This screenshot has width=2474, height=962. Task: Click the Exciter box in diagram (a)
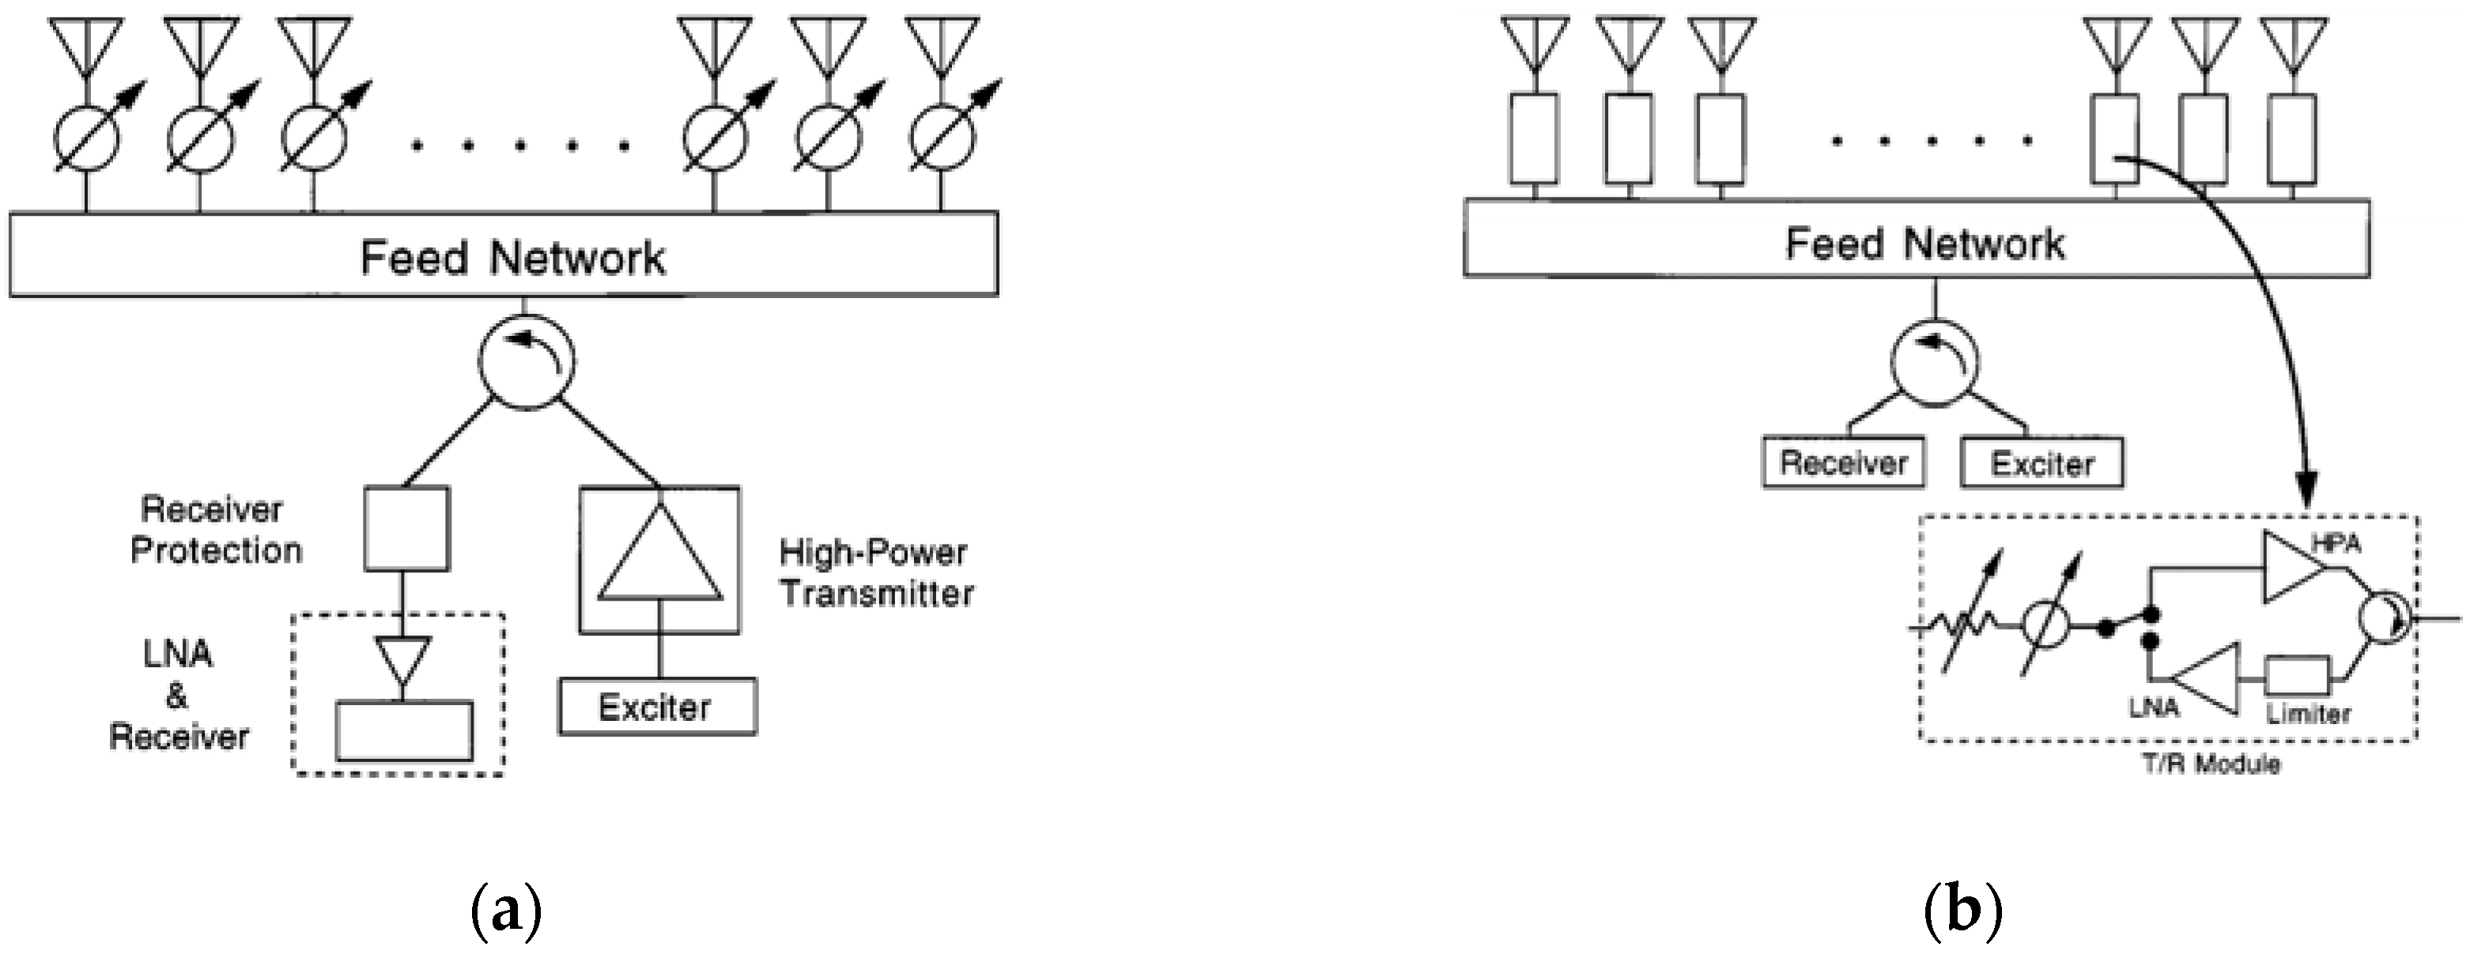point(657,707)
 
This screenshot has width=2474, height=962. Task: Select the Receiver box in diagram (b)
point(1843,462)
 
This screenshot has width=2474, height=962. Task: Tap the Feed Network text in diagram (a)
point(512,258)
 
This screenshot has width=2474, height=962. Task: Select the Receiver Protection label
point(215,530)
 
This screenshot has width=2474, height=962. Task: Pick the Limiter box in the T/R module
point(2298,677)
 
